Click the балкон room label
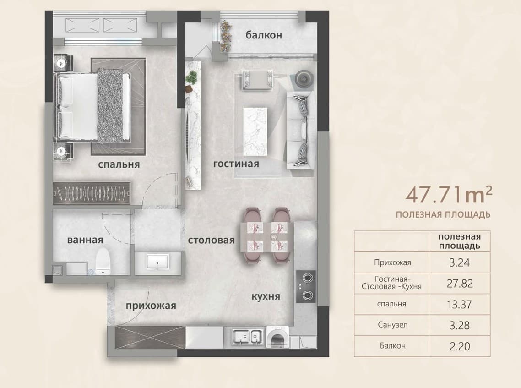(264, 34)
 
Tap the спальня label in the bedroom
(119, 164)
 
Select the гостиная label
(236, 164)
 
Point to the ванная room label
(85, 240)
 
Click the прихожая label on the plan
(151, 306)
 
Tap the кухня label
(266, 296)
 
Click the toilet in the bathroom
(103, 261)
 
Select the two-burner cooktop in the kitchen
(306, 286)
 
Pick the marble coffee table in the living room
(255, 131)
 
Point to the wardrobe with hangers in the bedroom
(92, 193)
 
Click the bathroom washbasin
(158, 262)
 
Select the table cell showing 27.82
(460, 283)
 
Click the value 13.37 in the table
(460, 304)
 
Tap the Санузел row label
(392, 325)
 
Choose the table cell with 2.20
(460, 346)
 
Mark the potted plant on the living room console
(191, 79)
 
